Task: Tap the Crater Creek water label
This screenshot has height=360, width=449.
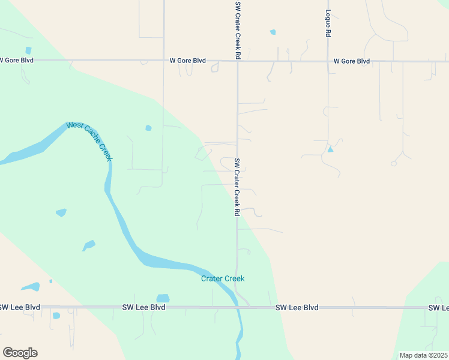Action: [x=223, y=278]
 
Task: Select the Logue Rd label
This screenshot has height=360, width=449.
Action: [x=328, y=24]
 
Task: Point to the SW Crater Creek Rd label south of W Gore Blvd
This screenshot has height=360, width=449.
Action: [x=237, y=187]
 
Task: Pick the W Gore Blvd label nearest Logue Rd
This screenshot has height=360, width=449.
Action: [x=352, y=61]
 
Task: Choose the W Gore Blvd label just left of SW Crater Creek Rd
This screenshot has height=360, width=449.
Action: [x=188, y=61]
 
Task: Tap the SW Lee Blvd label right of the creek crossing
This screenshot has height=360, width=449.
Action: [x=297, y=307]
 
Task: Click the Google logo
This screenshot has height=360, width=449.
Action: [x=20, y=353]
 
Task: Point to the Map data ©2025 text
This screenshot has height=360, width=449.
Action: [x=423, y=355]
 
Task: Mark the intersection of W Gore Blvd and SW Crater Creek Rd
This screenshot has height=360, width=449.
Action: [x=238, y=61]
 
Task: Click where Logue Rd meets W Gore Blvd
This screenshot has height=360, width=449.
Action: [x=328, y=61]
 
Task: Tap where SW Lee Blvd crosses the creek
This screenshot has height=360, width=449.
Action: [x=239, y=307]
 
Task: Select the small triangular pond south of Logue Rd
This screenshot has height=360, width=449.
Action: [x=330, y=149]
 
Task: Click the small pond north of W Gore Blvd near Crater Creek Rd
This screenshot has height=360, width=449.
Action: [x=273, y=32]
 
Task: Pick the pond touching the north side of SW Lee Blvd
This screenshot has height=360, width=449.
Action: [x=163, y=299]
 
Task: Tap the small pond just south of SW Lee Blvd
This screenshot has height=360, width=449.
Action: [x=56, y=316]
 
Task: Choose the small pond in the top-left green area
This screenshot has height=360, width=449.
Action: [x=28, y=50]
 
